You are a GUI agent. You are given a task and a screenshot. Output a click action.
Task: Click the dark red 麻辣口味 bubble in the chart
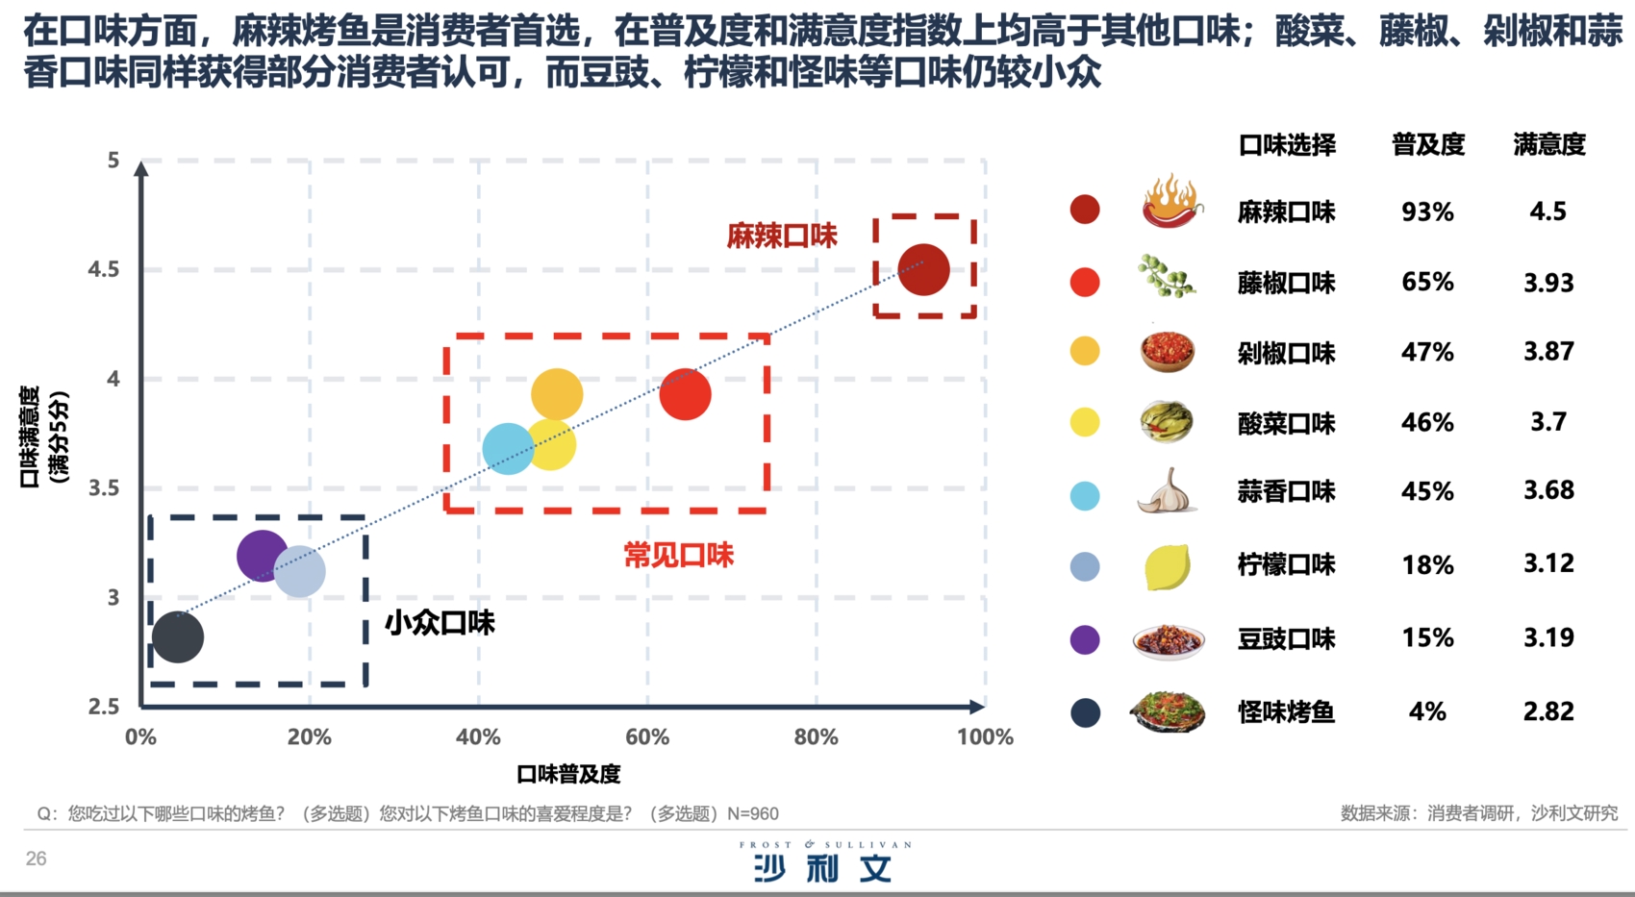point(923,269)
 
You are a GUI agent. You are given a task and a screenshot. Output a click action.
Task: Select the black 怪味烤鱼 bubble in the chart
point(178,636)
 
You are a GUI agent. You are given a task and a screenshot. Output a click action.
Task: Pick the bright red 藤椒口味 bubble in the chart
point(685,394)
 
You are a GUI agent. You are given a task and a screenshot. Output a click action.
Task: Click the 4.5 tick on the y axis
point(104,269)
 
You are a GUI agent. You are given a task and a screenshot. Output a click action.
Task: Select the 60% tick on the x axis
point(647,737)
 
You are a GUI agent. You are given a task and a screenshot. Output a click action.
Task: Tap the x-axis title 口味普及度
point(568,774)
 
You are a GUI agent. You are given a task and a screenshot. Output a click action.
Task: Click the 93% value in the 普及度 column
point(1427,212)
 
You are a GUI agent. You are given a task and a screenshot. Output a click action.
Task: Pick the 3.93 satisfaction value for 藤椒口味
point(1548,283)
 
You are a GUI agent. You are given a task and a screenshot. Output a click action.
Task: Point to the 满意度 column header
point(1548,144)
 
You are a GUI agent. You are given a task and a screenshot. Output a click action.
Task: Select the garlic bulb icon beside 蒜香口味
point(1167,491)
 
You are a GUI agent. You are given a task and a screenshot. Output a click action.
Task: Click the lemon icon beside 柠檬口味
point(1167,565)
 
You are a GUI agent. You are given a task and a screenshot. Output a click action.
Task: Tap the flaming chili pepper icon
point(1170,202)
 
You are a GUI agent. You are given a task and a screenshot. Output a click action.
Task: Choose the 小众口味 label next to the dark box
point(440,623)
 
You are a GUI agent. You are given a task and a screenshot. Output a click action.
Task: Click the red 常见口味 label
point(678,555)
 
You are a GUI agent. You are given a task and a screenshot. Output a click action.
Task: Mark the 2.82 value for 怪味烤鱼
point(1548,711)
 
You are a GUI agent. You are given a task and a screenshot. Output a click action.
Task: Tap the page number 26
point(36,859)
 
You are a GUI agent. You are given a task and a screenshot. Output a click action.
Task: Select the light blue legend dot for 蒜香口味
point(1085,496)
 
